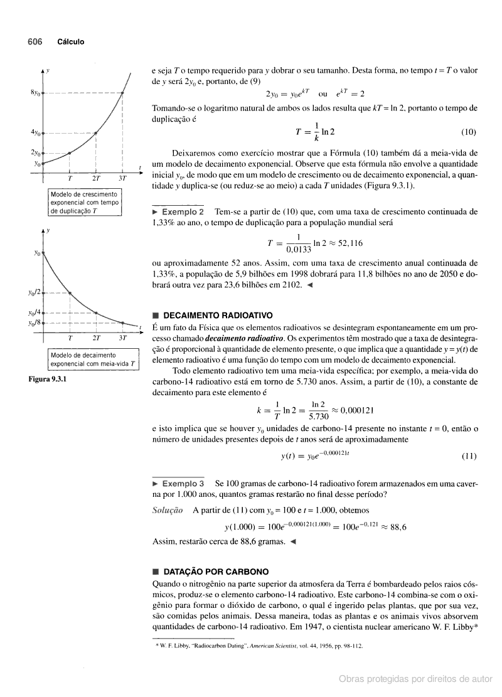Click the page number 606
pos(35,42)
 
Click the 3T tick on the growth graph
pos(123,178)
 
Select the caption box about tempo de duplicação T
pos(84,203)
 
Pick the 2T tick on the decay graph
pos(97,337)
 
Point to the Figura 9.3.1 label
pos(47,380)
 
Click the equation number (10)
pos(468,132)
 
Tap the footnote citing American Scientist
pos(259,645)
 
